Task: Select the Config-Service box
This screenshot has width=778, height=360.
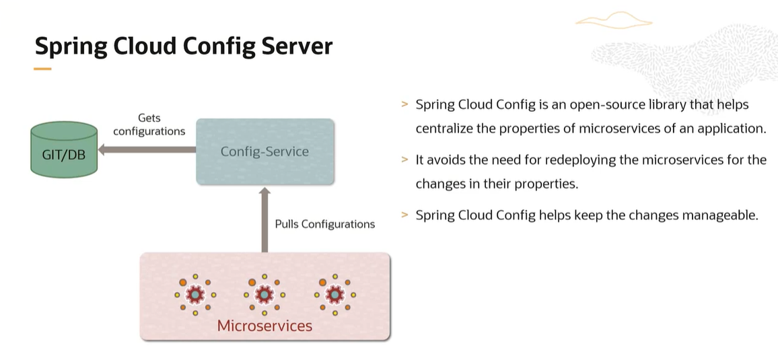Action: pyautogui.click(x=264, y=151)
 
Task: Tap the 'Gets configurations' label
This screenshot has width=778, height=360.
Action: pyautogui.click(x=149, y=124)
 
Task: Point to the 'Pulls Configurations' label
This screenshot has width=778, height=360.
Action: pyautogui.click(x=324, y=224)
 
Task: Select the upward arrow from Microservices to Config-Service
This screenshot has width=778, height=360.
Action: pyautogui.click(x=264, y=219)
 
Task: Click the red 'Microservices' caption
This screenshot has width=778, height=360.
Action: pyautogui.click(x=264, y=326)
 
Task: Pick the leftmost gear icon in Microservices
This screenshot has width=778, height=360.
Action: pyautogui.click(x=195, y=294)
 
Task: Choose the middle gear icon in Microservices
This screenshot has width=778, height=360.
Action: pyautogui.click(x=264, y=294)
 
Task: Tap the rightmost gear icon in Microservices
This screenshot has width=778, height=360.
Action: pyautogui.click(x=334, y=294)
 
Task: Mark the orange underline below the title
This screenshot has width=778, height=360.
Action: pyautogui.click(x=42, y=69)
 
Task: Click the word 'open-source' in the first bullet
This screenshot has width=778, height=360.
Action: pyautogui.click(x=601, y=105)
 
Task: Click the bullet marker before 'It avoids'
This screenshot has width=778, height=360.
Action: pyautogui.click(x=404, y=160)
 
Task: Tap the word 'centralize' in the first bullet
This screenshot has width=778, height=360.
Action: pyautogui.click(x=444, y=129)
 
